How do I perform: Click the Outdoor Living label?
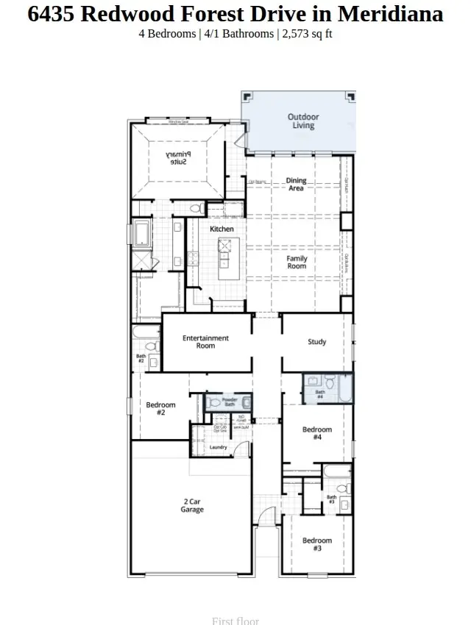coord(300,121)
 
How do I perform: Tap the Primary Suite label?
coord(176,157)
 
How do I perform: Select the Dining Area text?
coord(296,185)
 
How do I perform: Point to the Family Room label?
coord(297,262)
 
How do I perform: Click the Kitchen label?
coord(222,229)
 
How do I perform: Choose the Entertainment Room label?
coord(205,342)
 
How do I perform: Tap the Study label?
coord(316,342)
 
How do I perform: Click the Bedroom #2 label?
coord(160,409)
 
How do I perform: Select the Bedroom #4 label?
coord(317,433)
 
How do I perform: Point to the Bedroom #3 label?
coord(317,544)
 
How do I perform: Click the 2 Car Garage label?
coord(192,506)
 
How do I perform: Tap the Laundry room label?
coord(218,447)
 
